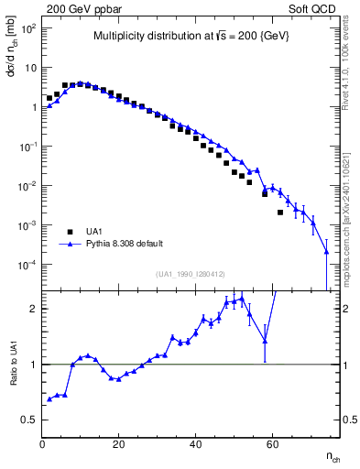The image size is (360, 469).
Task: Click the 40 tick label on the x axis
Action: pos(195,443)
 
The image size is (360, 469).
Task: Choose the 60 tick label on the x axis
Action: pos(272,443)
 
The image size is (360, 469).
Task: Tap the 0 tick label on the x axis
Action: pos(42,443)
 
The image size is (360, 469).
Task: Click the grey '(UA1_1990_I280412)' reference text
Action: pos(191,274)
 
